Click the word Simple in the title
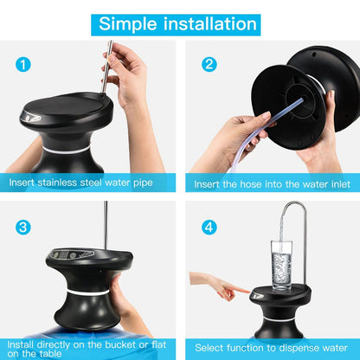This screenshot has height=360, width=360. (128, 24)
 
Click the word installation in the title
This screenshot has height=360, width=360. (210, 23)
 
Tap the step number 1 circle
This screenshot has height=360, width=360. (23, 64)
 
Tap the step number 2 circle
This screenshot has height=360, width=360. (209, 64)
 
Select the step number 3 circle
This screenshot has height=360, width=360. (23, 228)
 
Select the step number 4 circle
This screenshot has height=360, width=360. (209, 228)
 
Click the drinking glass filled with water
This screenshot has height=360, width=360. (281, 265)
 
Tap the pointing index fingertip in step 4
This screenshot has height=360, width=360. (247, 291)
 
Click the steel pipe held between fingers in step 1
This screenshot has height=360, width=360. (106, 67)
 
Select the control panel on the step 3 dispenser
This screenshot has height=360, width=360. (71, 254)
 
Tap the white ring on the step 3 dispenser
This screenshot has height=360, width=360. (87, 292)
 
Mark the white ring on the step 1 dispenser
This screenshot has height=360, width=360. (67, 151)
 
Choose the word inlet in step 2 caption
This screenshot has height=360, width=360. (340, 184)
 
